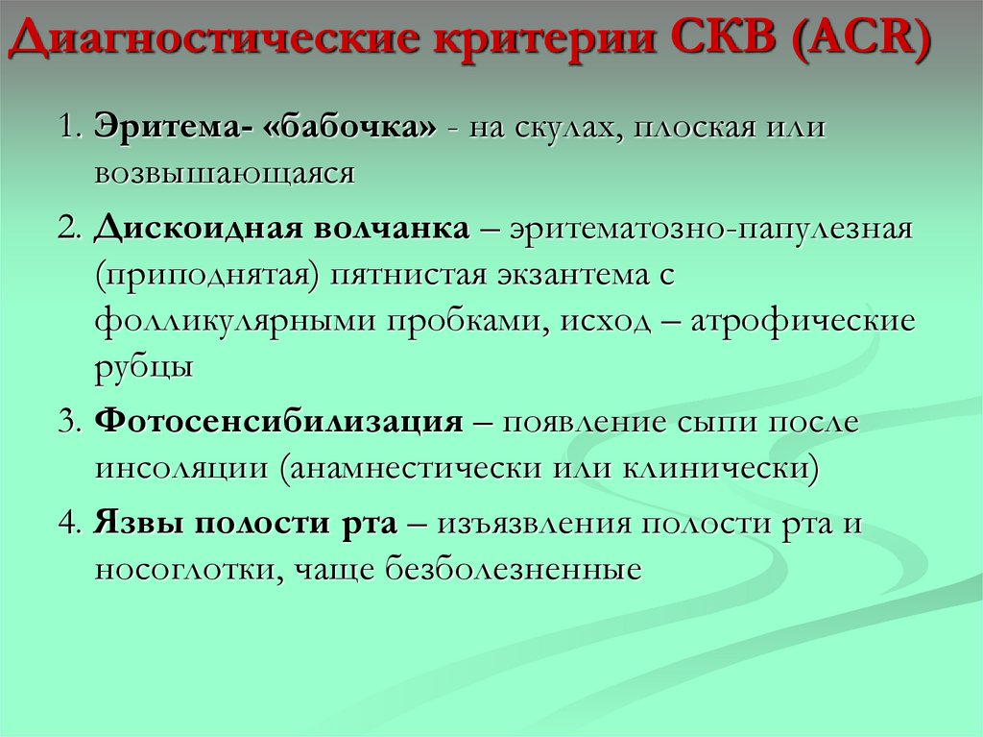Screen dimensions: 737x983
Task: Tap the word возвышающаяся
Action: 225,173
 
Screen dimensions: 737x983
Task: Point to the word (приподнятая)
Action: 206,275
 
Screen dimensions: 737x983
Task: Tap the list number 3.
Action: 66,423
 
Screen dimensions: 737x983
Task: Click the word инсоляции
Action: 180,468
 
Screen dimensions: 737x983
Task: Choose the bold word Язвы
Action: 139,524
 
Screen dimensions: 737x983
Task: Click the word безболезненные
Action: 513,569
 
